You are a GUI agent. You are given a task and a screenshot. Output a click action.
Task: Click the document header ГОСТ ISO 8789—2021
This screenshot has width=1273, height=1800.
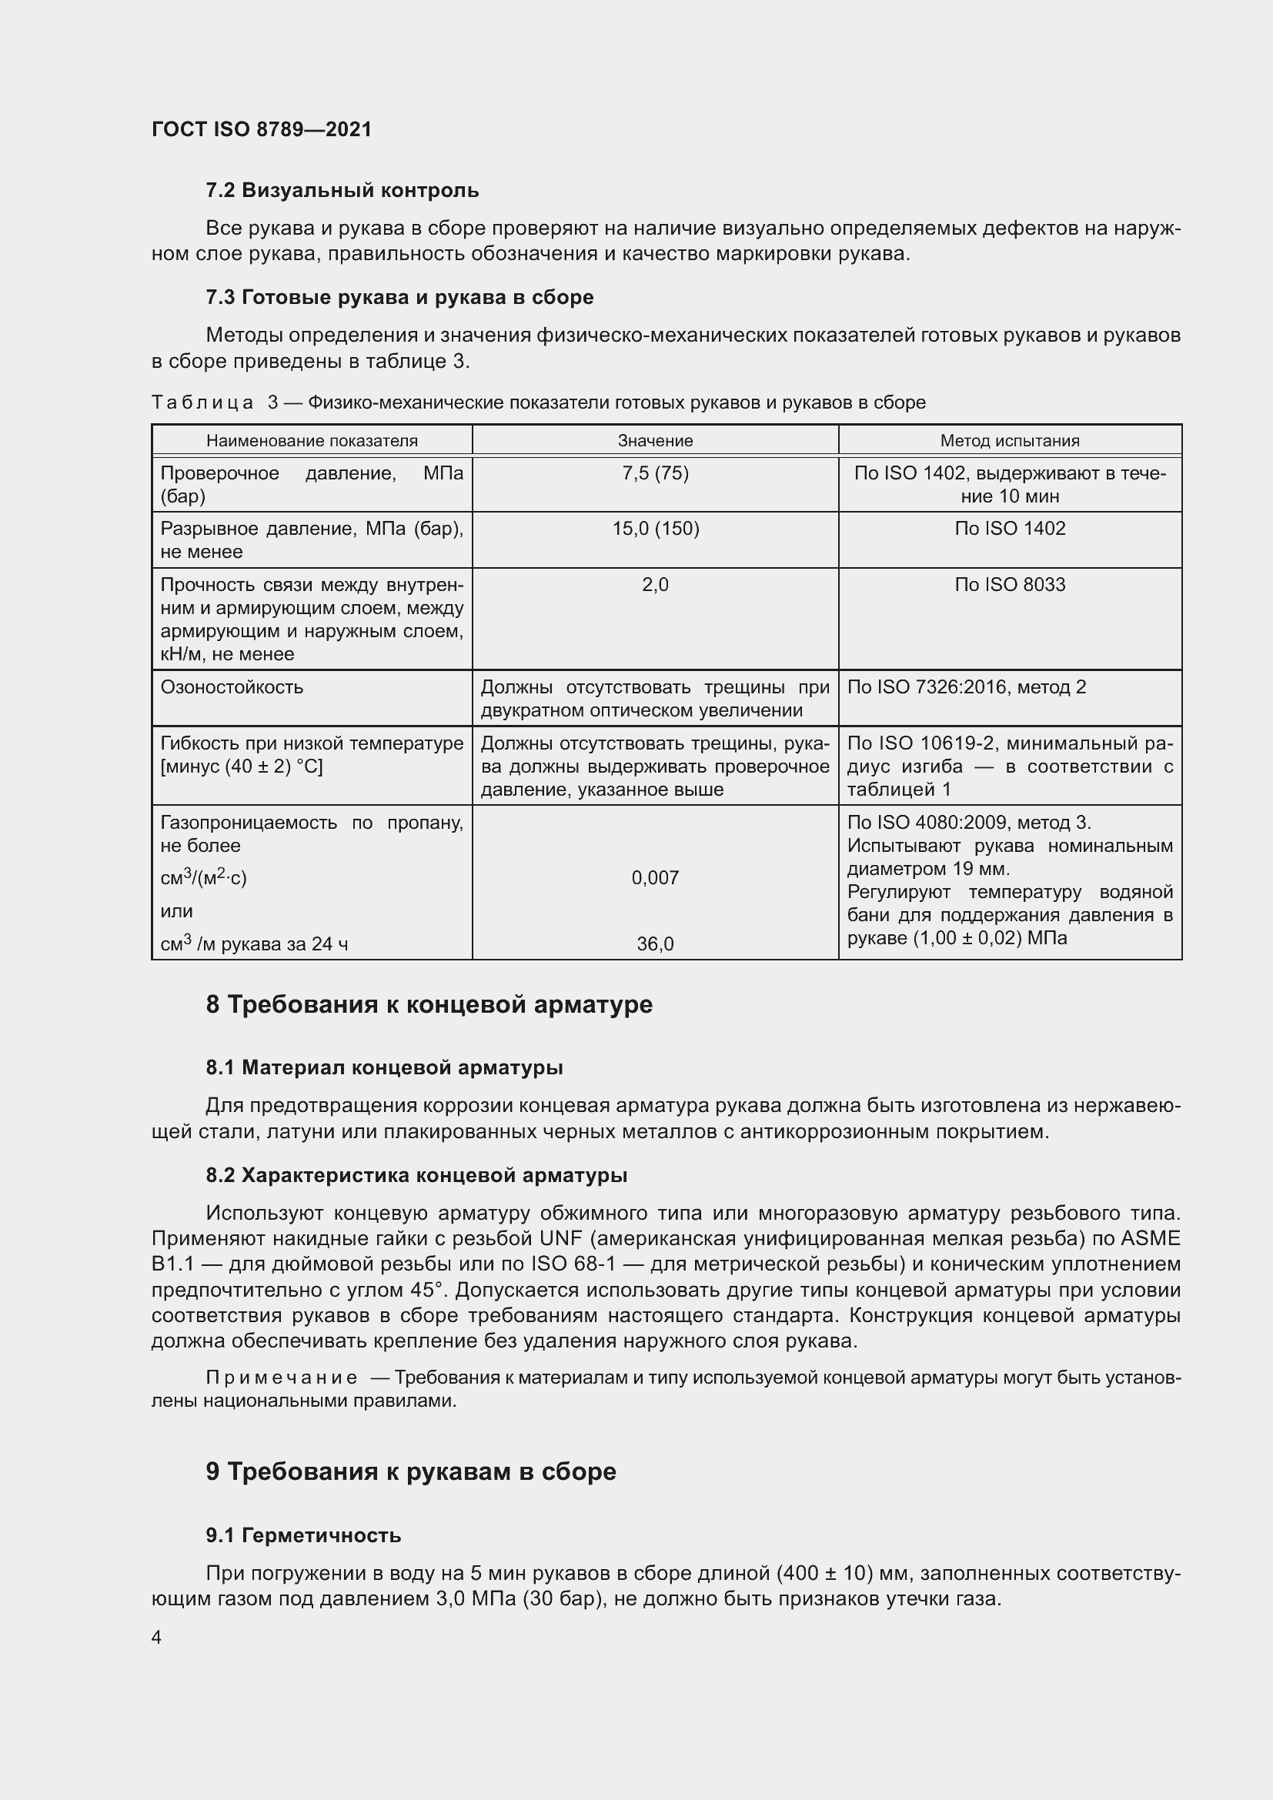click(x=261, y=129)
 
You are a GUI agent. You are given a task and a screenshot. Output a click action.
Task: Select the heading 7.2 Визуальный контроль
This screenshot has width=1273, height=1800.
click(x=342, y=191)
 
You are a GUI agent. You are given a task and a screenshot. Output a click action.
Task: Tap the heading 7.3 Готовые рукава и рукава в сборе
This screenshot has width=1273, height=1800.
click(x=399, y=297)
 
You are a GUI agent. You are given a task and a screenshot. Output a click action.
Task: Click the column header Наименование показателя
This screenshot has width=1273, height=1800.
click(x=311, y=441)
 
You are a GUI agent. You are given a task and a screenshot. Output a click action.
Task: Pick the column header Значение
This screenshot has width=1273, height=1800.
click(x=654, y=441)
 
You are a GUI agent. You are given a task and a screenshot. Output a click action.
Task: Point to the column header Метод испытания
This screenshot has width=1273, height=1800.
click(x=1010, y=441)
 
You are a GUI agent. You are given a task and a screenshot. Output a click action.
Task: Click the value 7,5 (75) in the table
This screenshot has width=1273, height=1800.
click(x=654, y=473)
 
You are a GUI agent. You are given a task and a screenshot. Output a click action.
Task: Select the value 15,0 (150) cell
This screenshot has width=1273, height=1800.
click(x=654, y=529)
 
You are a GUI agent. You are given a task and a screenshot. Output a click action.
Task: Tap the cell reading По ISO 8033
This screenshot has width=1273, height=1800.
click(x=1010, y=585)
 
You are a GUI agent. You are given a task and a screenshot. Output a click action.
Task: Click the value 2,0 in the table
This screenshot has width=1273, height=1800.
click(x=654, y=585)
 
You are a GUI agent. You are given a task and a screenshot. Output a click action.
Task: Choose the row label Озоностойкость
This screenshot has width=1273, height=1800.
click(x=231, y=687)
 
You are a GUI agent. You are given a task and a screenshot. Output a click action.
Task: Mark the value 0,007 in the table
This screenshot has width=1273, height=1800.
click(x=654, y=878)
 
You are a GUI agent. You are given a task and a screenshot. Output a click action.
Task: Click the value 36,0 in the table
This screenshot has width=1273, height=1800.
click(x=654, y=944)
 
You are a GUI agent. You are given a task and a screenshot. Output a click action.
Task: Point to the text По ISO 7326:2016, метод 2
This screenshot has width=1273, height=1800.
click(x=967, y=687)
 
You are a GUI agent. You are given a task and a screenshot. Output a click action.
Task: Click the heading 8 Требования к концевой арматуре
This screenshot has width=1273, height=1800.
click(x=429, y=1005)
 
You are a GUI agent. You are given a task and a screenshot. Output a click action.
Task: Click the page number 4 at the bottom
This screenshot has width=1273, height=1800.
click(x=157, y=1638)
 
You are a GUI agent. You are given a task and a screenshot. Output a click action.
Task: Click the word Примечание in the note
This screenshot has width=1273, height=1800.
click(x=282, y=1378)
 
